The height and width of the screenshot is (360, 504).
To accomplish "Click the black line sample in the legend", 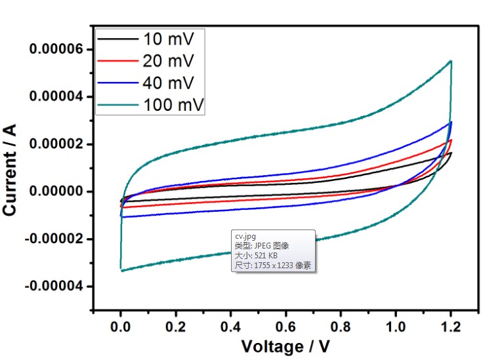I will tap(117, 39).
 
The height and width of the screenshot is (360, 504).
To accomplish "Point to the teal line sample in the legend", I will tap(117, 105).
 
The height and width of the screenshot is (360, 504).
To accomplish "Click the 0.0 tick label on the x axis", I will tap(121, 326).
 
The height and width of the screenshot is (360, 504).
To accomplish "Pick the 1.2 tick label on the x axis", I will tap(450, 326).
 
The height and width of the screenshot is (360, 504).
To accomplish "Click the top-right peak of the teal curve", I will tap(451, 61).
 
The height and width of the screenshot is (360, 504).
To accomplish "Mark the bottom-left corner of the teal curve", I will tap(121, 270).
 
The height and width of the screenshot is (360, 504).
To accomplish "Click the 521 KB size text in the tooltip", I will tap(262, 256).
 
